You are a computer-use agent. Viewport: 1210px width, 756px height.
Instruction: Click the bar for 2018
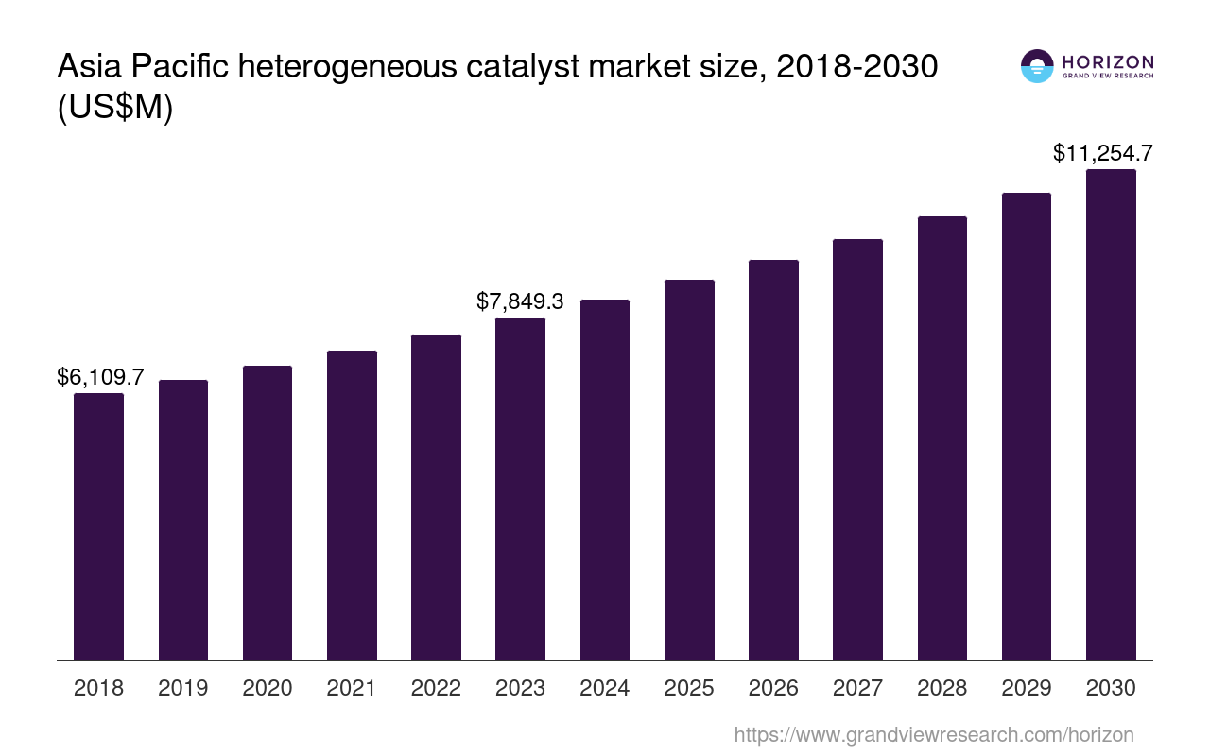(98, 526)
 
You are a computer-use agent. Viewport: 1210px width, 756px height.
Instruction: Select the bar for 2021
(352, 505)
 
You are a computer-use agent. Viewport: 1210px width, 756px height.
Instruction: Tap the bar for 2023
(520, 489)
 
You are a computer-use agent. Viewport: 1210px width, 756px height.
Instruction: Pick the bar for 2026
(773, 459)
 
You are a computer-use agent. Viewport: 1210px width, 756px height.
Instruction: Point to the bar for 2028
(942, 438)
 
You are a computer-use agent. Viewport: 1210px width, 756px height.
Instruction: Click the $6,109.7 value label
(100, 378)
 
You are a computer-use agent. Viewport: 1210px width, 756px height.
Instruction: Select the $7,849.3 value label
(520, 301)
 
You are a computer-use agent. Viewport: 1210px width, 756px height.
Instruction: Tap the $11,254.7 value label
(1102, 153)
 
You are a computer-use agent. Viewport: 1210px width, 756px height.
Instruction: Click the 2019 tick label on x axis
(183, 688)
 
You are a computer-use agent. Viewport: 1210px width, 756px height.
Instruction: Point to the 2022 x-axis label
(436, 688)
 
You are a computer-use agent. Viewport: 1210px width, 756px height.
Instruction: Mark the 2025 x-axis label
(689, 688)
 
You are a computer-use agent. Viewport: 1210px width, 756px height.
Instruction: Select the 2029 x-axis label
(1027, 688)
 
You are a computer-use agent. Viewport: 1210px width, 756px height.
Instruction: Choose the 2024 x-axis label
(605, 688)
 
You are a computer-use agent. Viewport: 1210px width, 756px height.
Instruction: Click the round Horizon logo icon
(1037, 66)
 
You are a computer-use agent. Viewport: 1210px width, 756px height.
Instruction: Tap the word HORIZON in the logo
(1108, 61)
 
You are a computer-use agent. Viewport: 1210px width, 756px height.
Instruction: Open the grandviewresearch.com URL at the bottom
(934, 734)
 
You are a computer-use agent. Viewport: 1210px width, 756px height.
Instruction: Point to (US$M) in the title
(115, 108)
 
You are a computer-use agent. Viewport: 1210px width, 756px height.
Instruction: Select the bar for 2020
(268, 512)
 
